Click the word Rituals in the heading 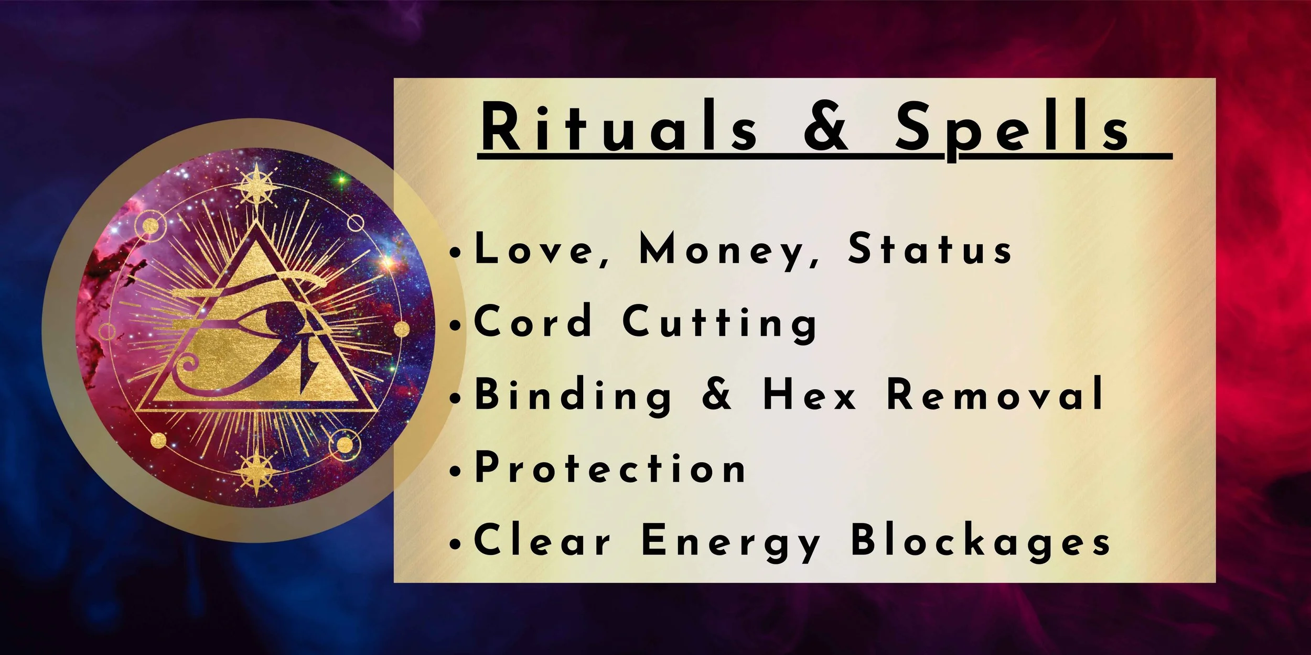(x=619, y=127)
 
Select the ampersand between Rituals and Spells (x=825, y=127)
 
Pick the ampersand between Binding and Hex (x=716, y=395)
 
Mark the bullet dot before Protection (x=456, y=471)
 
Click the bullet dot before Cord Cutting (x=456, y=325)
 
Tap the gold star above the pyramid (x=256, y=185)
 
